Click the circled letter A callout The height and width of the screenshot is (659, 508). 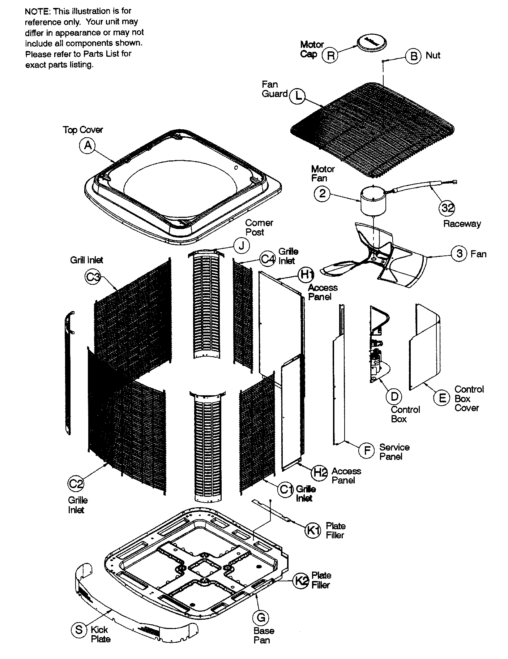[87, 146]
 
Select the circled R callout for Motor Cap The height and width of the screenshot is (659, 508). [330, 56]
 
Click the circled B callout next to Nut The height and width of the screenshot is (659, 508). [413, 56]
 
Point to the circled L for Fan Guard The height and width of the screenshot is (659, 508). [298, 96]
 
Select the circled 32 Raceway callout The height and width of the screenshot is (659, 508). [447, 208]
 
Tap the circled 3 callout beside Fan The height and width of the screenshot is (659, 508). [459, 253]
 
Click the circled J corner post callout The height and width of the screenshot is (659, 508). [242, 246]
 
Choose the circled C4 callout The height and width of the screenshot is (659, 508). [268, 259]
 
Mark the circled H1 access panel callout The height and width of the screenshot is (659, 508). [306, 275]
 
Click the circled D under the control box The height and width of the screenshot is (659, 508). [394, 397]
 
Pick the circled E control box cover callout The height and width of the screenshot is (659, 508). [441, 398]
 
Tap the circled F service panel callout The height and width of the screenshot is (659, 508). [367, 451]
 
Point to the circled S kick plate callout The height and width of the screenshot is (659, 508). [78, 630]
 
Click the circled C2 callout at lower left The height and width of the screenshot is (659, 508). [76, 483]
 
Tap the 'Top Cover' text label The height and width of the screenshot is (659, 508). [83, 130]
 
